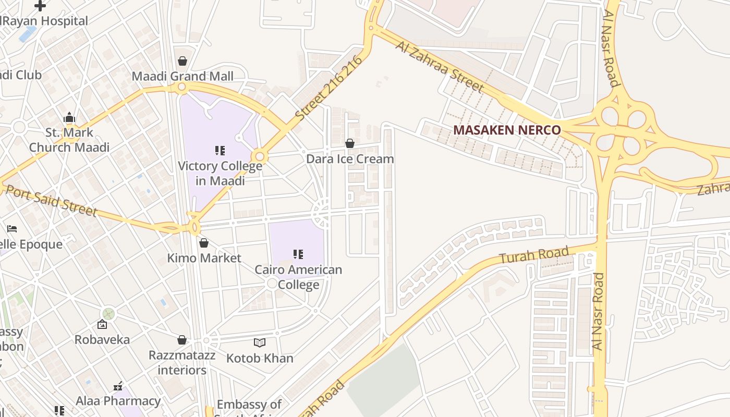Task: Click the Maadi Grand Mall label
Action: pos(182,76)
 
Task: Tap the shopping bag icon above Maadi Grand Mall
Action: pos(182,61)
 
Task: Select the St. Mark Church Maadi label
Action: pos(69,140)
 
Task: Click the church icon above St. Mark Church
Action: pos(69,118)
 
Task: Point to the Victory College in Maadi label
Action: pos(220,173)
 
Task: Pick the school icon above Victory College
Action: pos(220,151)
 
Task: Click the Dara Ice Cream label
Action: pos(350,158)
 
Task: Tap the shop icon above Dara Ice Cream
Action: pos(350,143)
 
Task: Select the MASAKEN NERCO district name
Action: pos(507,130)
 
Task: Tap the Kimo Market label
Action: pos(204,258)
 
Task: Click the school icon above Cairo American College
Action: pos(298,254)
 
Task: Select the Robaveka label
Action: pos(102,339)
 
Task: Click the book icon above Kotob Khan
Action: pos(260,342)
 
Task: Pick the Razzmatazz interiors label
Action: pos(182,363)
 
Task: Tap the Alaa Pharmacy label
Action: pos(118,401)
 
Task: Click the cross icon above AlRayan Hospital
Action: pos(40,6)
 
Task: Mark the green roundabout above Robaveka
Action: pos(108,314)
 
